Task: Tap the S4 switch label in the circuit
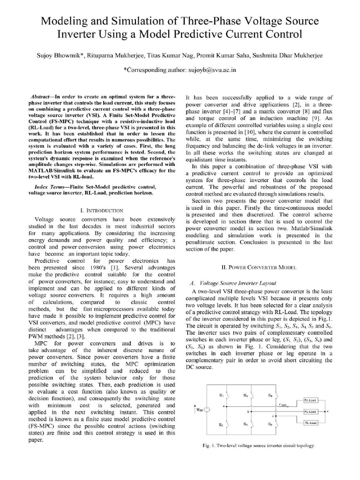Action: [x=245, y=424]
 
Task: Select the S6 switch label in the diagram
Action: [x=270, y=424]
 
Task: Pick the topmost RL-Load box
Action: [x=310, y=400]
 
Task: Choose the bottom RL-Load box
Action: [x=310, y=422]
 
